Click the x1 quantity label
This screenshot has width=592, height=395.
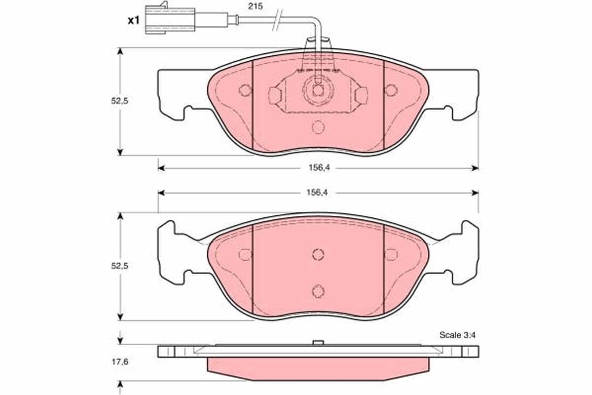(134, 20)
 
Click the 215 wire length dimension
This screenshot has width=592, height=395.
(256, 6)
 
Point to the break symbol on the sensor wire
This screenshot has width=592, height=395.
(277, 20)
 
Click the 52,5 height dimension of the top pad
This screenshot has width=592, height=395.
(119, 101)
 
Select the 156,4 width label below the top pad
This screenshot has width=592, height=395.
(319, 168)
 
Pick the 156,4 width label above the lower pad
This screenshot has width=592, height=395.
(317, 193)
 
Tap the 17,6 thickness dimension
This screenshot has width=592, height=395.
(120, 361)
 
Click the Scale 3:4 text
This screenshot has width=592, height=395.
(457, 335)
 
